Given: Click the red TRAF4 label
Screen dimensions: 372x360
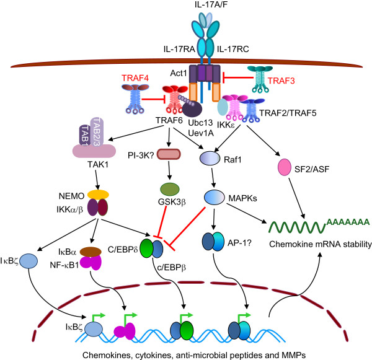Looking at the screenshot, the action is [135, 78].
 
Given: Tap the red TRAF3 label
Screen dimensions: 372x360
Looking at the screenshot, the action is [281, 81].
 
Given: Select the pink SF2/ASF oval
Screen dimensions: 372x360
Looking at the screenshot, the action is [284, 167].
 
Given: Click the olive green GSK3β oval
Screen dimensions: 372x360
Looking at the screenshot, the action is [170, 189].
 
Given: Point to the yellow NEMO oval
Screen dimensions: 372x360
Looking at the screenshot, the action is [98, 195].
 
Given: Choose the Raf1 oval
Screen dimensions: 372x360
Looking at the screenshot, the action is [210, 159].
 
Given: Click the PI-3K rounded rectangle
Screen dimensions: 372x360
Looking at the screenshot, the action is [169, 154].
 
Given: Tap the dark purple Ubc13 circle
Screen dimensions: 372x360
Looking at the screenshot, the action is [192, 109].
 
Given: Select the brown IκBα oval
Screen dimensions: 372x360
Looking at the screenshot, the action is [91, 252].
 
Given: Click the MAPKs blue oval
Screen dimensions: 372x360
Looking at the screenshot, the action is [215, 197].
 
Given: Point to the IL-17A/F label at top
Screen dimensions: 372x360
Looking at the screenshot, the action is [211, 4].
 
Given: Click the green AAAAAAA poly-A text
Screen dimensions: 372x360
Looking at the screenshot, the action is [348, 222].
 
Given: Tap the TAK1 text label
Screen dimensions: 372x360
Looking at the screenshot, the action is [98, 164].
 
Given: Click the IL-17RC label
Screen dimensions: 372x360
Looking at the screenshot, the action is [233, 49].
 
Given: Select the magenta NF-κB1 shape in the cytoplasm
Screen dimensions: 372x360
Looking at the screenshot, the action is [91, 263].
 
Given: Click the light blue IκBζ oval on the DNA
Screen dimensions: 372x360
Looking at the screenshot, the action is [94, 329].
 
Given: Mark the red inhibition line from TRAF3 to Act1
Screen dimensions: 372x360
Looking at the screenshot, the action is [237, 77].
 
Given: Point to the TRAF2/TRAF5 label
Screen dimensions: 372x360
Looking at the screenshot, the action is [288, 113].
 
